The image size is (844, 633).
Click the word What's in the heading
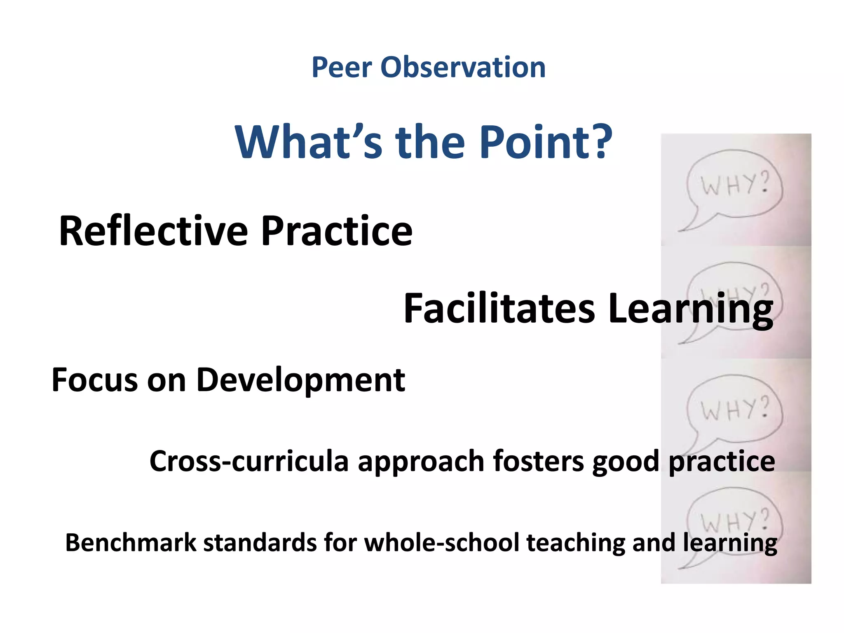pyautogui.click(x=309, y=142)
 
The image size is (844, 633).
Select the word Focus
pyautogui.click(x=94, y=380)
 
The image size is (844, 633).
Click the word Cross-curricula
pyautogui.click(x=249, y=461)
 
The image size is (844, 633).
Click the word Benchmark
pyautogui.click(x=131, y=542)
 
